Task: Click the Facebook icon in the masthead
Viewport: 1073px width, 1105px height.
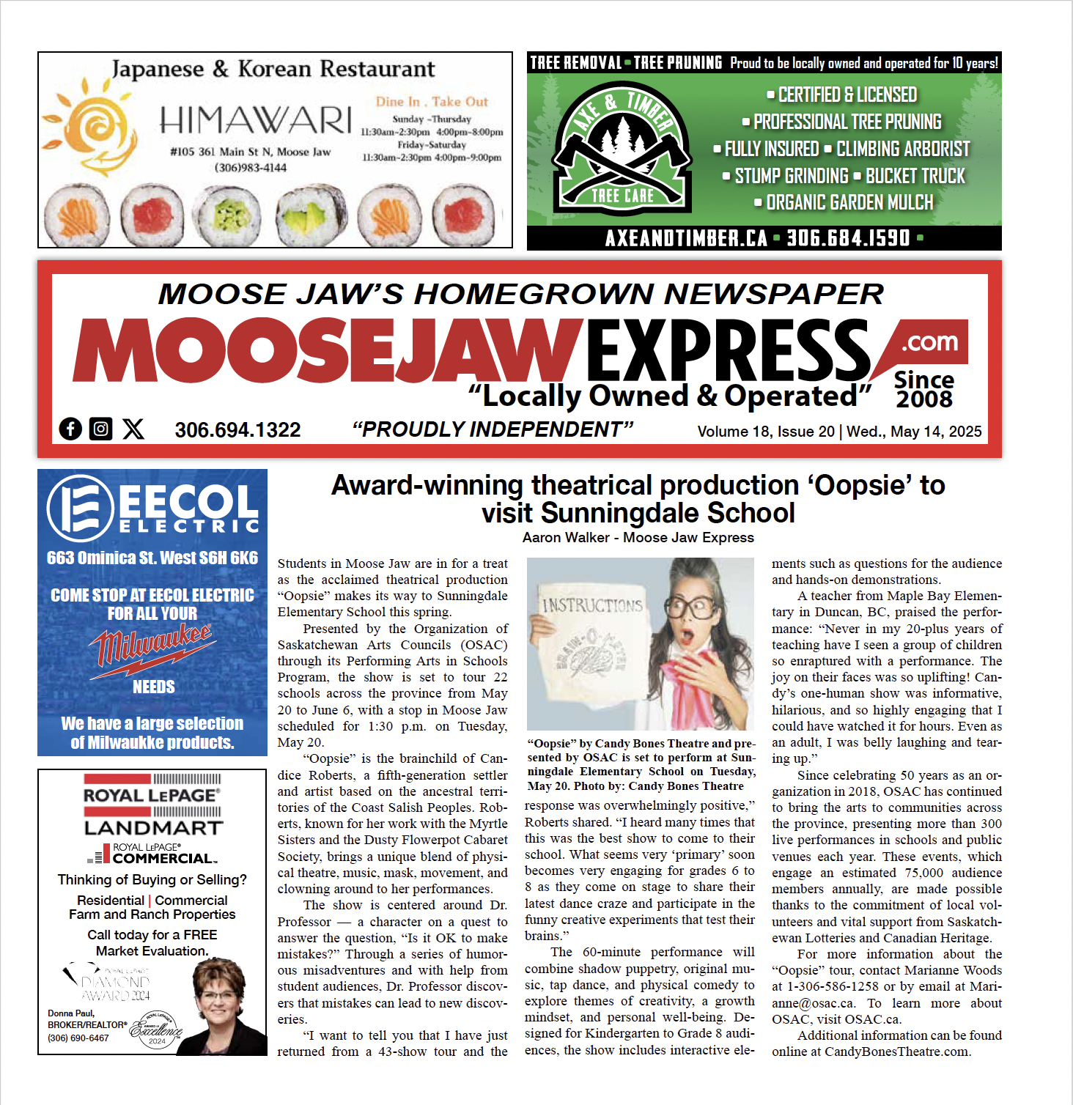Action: coord(70,429)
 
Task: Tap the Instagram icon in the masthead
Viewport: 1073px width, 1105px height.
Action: coord(101,429)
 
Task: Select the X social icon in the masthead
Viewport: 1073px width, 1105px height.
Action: coord(133,429)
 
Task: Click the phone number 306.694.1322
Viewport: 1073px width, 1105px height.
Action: coord(237,430)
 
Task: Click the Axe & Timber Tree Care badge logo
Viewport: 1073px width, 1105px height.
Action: coord(622,147)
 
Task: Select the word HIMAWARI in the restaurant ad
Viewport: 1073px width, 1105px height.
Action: coord(255,119)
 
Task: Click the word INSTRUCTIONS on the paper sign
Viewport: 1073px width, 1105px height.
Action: coord(592,605)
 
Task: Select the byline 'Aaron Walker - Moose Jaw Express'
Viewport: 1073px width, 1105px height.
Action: coord(638,537)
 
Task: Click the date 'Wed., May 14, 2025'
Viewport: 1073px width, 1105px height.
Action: coord(914,432)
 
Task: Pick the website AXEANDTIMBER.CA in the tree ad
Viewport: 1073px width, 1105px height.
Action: coord(686,238)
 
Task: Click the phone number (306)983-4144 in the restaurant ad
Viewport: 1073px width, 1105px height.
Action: coord(250,168)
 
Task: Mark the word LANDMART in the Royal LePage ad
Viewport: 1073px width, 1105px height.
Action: coord(152,828)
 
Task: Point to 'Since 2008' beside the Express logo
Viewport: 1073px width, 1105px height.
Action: coord(923,390)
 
